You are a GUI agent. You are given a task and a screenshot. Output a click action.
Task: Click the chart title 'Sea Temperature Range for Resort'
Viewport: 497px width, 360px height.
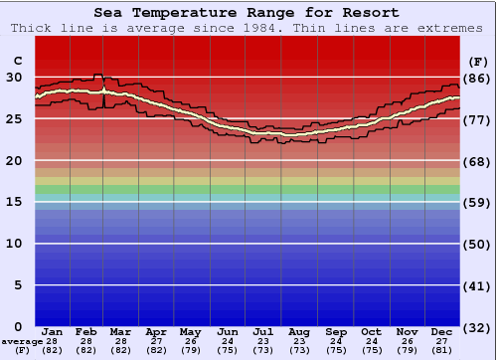pyautogui.click(x=248, y=13)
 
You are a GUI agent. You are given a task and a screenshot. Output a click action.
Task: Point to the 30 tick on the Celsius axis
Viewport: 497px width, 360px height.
pyautogui.click(x=14, y=77)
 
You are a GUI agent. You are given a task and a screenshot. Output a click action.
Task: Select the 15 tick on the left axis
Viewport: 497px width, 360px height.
pyautogui.click(x=14, y=202)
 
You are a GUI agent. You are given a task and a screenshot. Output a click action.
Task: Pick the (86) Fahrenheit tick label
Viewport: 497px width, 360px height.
pyautogui.click(x=478, y=78)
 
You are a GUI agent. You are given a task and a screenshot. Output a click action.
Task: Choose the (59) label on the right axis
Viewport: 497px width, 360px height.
pyautogui.click(x=478, y=203)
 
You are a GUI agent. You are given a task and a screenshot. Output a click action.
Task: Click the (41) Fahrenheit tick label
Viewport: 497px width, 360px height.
pyautogui.click(x=478, y=286)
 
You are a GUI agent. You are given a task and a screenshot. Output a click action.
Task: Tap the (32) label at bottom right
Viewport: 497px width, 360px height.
pyautogui.click(x=478, y=328)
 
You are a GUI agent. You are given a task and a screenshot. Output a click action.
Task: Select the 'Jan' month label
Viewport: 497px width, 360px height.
pyautogui.click(x=53, y=331)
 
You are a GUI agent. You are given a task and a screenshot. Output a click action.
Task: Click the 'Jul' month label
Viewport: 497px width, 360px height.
pyautogui.click(x=263, y=331)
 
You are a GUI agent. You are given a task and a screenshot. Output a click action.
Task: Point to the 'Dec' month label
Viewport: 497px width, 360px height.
pyautogui.click(x=442, y=331)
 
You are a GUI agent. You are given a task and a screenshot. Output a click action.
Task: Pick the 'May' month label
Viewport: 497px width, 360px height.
pyautogui.click(x=189, y=331)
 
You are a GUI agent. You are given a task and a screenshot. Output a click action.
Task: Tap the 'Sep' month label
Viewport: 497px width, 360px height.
pyautogui.click(x=336, y=331)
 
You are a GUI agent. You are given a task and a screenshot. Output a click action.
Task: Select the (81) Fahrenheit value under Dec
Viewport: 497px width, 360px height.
pyautogui.click(x=442, y=350)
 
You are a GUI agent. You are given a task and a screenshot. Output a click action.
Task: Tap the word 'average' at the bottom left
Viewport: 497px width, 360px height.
pyautogui.click(x=22, y=341)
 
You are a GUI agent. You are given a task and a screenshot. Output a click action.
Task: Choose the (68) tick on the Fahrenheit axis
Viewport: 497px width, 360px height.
pyautogui.click(x=478, y=161)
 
